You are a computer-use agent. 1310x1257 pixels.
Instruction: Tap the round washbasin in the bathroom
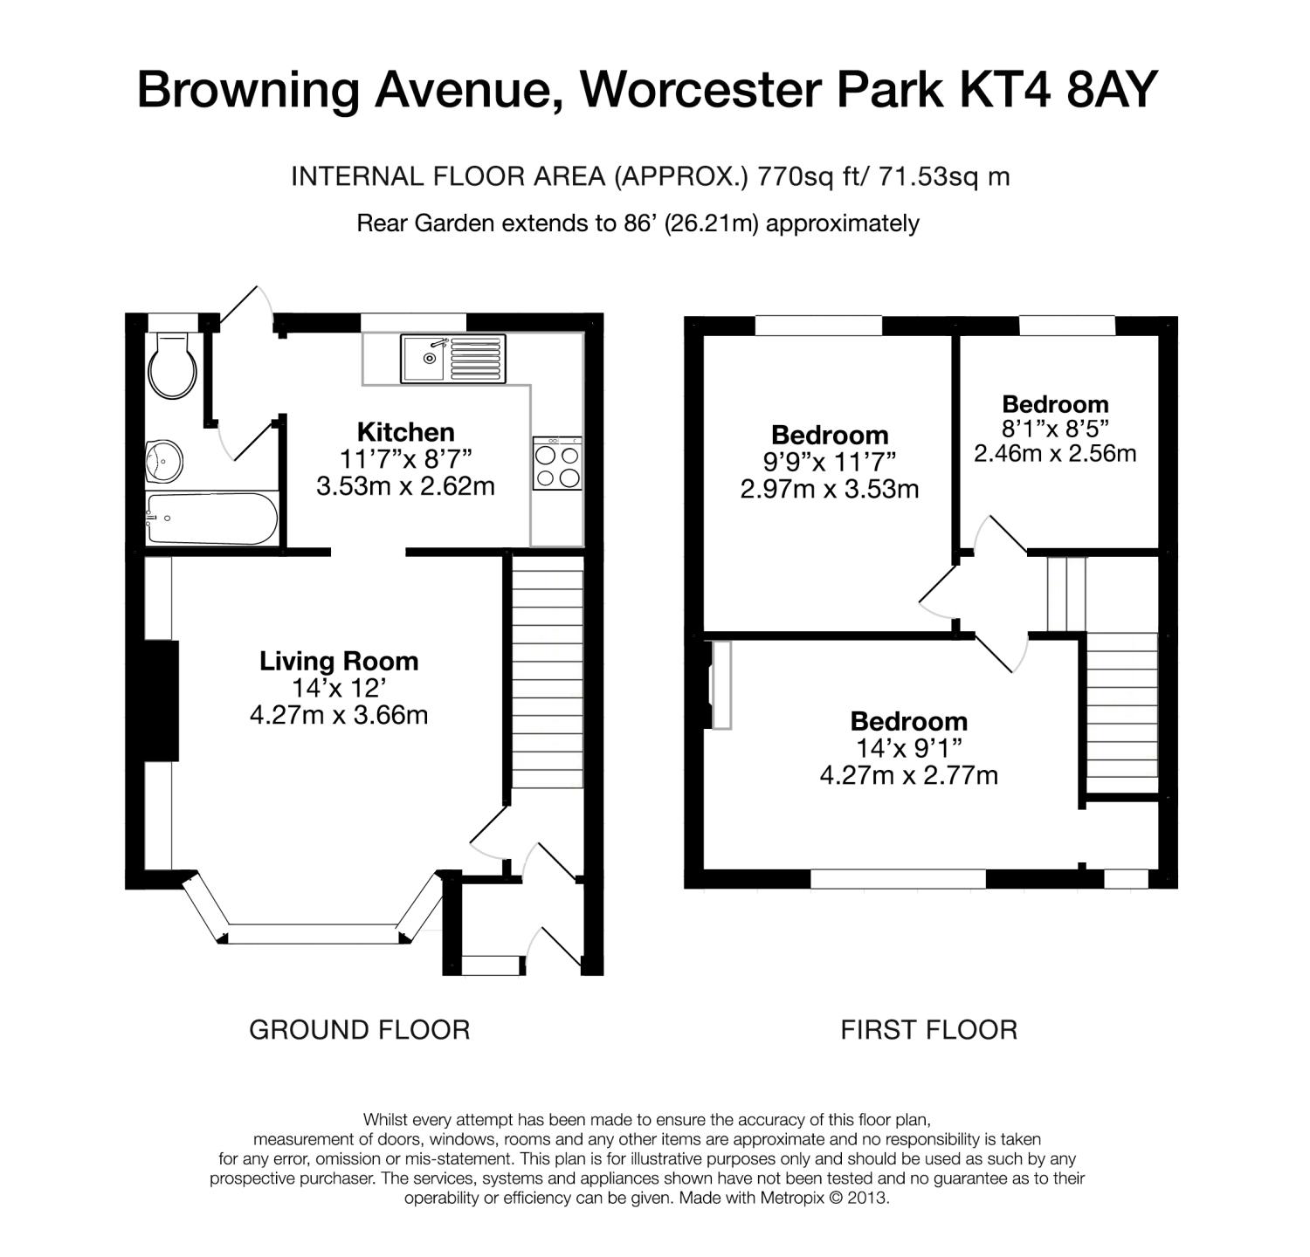click(x=164, y=459)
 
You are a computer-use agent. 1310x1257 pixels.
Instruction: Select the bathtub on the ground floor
click(x=211, y=519)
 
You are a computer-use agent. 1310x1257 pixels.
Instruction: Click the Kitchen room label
click(x=406, y=432)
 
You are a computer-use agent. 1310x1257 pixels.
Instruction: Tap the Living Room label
click(x=339, y=661)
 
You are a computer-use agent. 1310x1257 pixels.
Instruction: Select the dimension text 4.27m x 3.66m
click(x=339, y=716)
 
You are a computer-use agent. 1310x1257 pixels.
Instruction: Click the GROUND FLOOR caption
click(x=360, y=1030)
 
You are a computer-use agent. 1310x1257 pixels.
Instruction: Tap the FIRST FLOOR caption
click(x=929, y=1030)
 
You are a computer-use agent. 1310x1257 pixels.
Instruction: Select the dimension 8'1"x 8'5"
click(x=1055, y=429)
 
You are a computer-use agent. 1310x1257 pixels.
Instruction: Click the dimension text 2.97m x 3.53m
click(x=830, y=489)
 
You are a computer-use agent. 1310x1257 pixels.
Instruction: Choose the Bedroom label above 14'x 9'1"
click(x=909, y=721)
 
